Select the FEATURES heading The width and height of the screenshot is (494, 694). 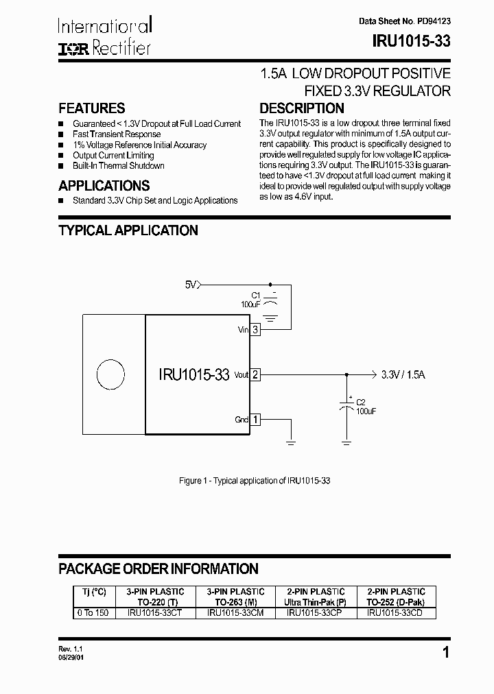92,108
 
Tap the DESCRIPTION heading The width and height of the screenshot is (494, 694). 302,108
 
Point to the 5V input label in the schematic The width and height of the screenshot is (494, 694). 191,284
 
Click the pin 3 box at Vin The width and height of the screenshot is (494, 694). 255,330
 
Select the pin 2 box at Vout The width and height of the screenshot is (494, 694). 255,375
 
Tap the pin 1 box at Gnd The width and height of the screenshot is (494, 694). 255,420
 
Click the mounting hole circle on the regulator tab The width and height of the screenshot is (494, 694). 110,375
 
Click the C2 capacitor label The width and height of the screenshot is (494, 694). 362,403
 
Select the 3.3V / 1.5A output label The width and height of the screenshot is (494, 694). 403,375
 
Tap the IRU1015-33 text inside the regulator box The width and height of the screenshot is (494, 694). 193,375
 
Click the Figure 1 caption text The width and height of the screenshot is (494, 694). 255,481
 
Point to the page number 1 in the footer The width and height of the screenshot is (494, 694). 446,653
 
